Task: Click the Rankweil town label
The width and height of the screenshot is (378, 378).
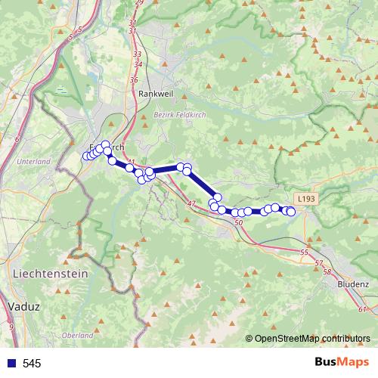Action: (x=156, y=93)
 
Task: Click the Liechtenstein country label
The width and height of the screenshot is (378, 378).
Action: (x=50, y=272)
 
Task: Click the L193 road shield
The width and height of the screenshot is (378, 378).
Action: (x=305, y=198)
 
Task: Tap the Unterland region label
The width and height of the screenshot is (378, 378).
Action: (x=33, y=161)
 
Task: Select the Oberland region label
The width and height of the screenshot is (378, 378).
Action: (x=77, y=335)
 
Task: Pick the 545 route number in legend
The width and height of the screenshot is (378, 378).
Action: (x=32, y=364)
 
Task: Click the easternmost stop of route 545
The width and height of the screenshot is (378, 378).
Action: (x=291, y=212)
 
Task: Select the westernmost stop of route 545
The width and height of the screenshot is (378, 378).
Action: (x=85, y=156)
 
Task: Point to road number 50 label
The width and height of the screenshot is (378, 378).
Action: (x=239, y=222)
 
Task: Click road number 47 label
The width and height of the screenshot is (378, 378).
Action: (x=191, y=204)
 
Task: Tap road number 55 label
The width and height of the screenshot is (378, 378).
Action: (x=304, y=252)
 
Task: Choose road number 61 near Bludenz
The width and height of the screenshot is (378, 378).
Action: (x=363, y=309)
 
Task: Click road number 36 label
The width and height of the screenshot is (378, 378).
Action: (x=133, y=79)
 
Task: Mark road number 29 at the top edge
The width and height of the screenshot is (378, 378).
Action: (x=139, y=3)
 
